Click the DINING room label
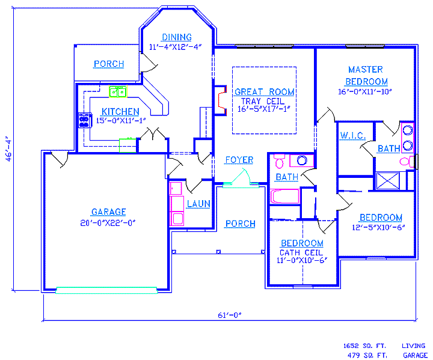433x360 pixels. pyautogui.click(x=177, y=37)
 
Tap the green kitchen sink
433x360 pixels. pyautogui.click(x=118, y=91)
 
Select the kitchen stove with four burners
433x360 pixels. pyautogui.click(x=85, y=120)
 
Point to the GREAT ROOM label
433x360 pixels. pyautogui.click(x=264, y=92)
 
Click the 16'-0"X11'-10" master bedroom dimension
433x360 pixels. pyautogui.click(x=365, y=92)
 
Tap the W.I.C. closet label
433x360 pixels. pyautogui.click(x=353, y=136)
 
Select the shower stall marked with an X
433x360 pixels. pyautogui.click(x=388, y=181)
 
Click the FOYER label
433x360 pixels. pyautogui.click(x=239, y=160)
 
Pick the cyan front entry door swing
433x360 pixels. pyautogui.click(x=240, y=178)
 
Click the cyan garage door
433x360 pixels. pyautogui.click(x=106, y=290)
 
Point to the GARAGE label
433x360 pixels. pyautogui.click(x=108, y=212)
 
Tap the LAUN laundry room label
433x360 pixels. pyautogui.click(x=198, y=204)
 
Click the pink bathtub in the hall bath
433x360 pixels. pyautogui.click(x=284, y=197)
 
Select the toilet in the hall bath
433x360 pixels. pyautogui.click(x=279, y=161)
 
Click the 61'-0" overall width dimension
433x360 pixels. pyautogui.click(x=230, y=315)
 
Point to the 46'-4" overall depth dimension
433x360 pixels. pyautogui.click(x=8, y=148)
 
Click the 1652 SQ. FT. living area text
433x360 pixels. pyautogui.click(x=364, y=346)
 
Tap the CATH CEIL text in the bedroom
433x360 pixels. pyautogui.click(x=301, y=252)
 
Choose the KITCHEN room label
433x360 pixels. pyautogui.click(x=120, y=112)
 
